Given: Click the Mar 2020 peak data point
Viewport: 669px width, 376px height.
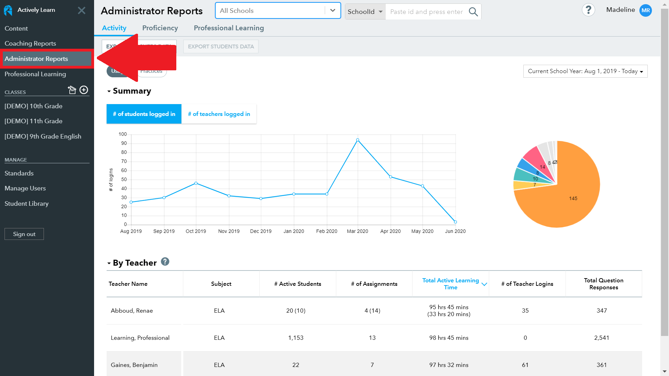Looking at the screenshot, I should (357, 140).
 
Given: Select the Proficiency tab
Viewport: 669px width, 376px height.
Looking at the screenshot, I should (160, 28).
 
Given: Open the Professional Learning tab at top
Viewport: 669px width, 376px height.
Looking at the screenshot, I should (229, 28).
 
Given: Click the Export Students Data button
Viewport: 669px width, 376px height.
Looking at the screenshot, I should (221, 47).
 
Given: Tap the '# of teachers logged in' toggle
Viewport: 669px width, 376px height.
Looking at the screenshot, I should (219, 114).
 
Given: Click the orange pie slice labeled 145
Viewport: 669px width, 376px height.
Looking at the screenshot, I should (573, 198).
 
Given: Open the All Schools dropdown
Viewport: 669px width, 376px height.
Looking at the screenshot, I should (278, 11).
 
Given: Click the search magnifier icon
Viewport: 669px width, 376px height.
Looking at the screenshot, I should (473, 12).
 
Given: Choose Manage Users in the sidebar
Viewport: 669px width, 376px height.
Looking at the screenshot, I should (25, 188).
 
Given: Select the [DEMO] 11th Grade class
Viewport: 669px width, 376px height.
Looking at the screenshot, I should (33, 121).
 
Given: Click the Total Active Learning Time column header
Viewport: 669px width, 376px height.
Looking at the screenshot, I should (451, 284).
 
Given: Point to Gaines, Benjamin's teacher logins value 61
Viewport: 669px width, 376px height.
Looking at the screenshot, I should (525, 365).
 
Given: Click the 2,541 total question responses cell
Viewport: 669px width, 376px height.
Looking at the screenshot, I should (601, 338).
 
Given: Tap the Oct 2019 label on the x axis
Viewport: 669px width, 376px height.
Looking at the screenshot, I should (196, 231).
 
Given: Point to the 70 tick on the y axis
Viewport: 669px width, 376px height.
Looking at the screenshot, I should (124, 162).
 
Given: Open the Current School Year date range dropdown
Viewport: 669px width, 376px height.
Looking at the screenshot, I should (585, 71).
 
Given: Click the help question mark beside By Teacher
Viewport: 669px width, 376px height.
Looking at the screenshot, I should (165, 262).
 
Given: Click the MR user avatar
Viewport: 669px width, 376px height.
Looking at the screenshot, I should (646, 10).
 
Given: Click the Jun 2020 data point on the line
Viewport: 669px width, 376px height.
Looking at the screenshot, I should (455, 222).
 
